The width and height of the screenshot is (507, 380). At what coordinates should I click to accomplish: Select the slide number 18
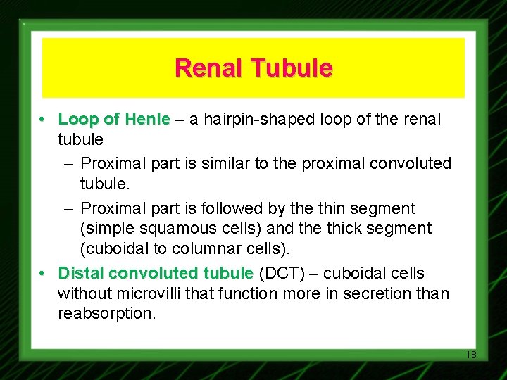tap(471, 355)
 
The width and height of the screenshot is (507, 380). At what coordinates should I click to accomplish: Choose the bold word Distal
tap(81, 272)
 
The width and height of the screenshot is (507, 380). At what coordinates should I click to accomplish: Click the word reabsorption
tap(106, 313)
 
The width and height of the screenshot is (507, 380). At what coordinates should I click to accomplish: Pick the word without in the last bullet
tap(82, 293)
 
